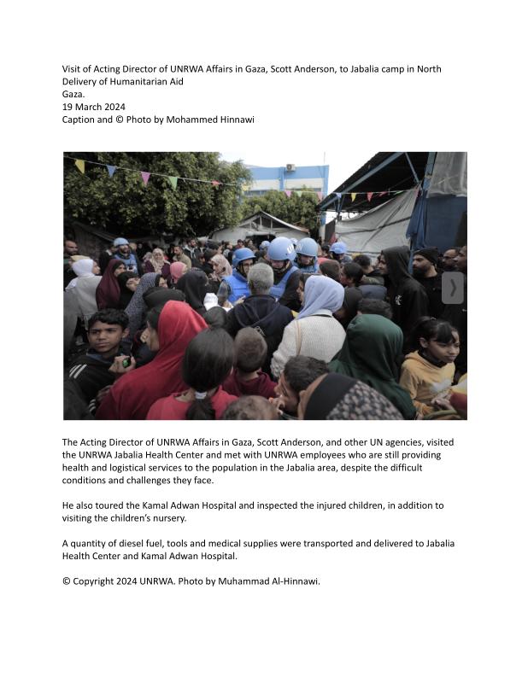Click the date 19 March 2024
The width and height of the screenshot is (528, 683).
click(x=93, y=107)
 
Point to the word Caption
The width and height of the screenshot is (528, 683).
click(x=79, y=120)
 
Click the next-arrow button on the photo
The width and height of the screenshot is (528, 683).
click(x=453, y=288)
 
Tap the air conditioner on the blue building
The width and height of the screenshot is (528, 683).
click(x=290, y=167)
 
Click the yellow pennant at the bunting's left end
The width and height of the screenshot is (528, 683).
click(x=79, y=166)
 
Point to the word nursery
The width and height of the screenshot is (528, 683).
click(x=195, y=518)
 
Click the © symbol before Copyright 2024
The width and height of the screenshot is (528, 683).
click(x=67, y=581)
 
